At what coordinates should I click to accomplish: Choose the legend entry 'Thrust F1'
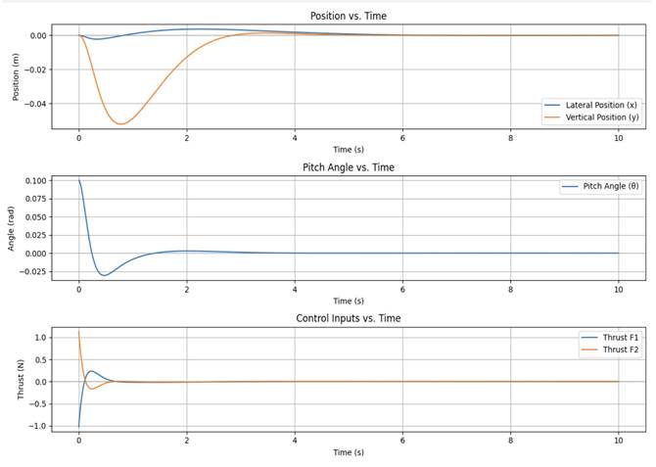616,336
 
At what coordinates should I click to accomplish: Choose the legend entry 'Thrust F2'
616,349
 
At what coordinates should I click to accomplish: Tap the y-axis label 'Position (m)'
16,75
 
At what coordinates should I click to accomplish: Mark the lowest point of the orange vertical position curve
119,124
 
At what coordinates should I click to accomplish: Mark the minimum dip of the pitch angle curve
104,275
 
